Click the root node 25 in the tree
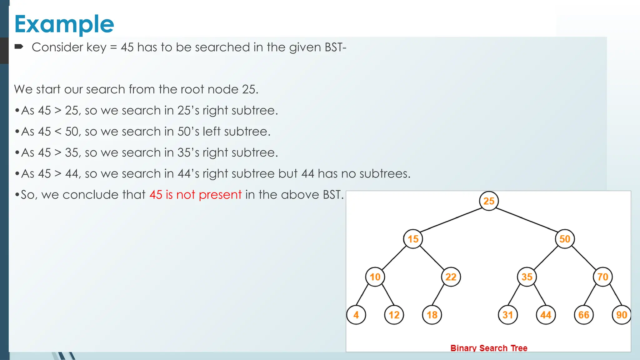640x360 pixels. [489, 201]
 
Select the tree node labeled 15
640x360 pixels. [413, 239]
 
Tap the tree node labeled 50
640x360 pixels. [565, 239]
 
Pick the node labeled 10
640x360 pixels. [375, 277]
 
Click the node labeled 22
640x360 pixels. [451, 277]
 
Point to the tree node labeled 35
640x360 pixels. [527, 277]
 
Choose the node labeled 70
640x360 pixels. [602, 277]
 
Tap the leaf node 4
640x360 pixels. [356, 315]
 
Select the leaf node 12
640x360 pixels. [394, 315]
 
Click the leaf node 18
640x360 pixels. [432, 315]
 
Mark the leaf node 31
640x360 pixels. [508, 315]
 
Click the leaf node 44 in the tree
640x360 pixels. [546, 315]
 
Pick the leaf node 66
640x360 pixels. [584, 315]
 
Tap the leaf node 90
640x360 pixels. [622, 315]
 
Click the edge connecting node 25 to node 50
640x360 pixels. [527, 220]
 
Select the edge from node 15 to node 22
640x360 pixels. [432, 258]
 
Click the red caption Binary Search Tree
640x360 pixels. [489, 348]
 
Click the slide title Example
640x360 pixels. [64, 24]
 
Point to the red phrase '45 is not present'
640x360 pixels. [195, 195]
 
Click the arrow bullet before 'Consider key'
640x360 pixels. [19, 47]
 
